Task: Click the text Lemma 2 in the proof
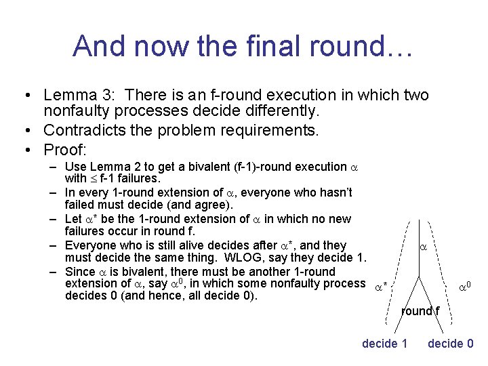point(111,167)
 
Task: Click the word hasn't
point(331,192)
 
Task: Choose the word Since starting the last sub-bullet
point(80,271)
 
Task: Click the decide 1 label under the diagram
point(384,344)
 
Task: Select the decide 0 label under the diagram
point(450,344)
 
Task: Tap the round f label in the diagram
point(420,311)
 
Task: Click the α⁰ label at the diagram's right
point(465,287)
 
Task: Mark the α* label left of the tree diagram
point(381,287)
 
